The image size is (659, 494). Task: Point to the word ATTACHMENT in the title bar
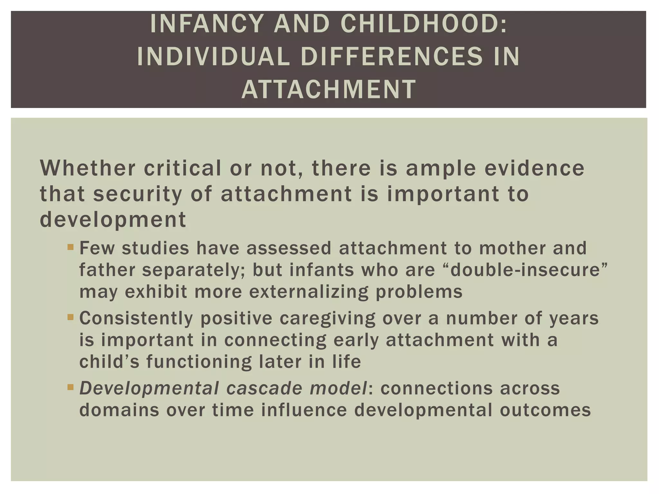coord(329,89)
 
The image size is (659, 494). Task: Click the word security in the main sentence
coord(137,194)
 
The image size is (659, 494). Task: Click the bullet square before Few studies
coord(70,248)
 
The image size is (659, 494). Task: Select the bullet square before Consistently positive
coord(70,318)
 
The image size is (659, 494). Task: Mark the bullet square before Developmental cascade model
coord(70,388)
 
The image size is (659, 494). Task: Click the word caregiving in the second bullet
coord(327,318)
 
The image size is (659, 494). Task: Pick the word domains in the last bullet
coord(119,410)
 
